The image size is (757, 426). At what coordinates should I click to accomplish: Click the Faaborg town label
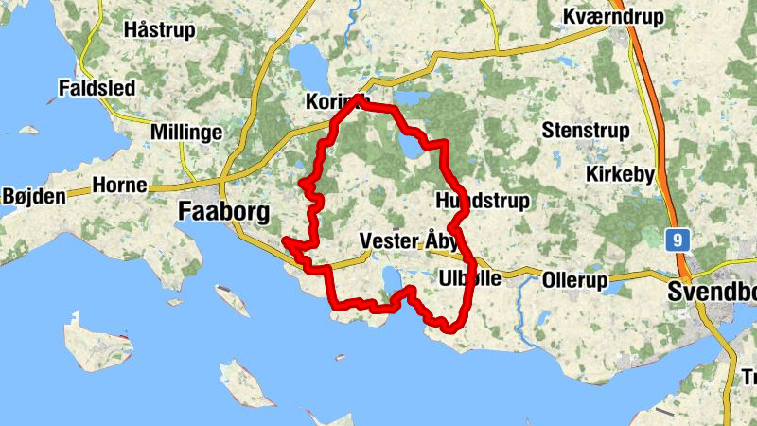pos(224,213)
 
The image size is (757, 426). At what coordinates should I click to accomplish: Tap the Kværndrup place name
pos(613,17)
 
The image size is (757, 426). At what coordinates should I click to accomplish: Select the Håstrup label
pos(159,29)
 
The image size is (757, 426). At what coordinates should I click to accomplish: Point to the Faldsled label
pos(98,87)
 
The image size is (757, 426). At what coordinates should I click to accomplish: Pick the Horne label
pos(120,186)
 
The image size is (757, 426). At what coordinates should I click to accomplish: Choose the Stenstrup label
pos(587,130)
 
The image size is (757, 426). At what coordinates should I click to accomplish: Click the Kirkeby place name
pos(620,174)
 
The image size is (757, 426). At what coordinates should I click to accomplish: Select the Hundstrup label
pos(483,202)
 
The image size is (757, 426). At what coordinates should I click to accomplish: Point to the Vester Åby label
pos(409,242)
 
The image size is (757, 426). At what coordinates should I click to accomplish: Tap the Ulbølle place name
pos(470,278)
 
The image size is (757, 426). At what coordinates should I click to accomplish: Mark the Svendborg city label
pos(712,292)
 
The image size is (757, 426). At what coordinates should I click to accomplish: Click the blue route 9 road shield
pos(676,239)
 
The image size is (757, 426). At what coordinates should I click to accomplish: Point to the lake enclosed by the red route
pos(414,148)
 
